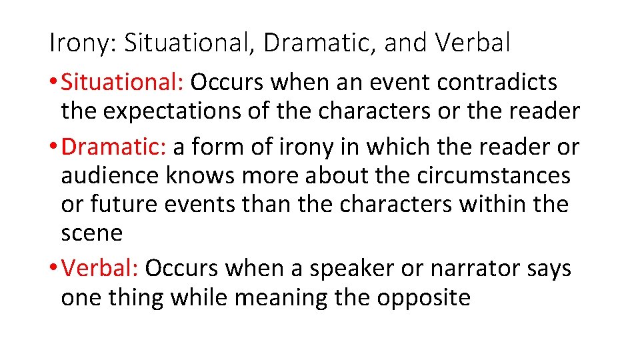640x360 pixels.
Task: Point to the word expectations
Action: (x=164, y=111)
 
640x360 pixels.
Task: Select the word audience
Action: (x=110, y=175)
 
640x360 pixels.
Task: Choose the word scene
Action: (x=91, y=233)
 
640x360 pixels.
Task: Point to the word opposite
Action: (x=423, y=297)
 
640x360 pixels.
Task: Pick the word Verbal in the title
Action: (x=473, y=44)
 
